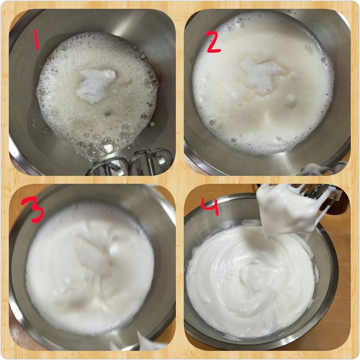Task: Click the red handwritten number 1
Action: tap(36, 39)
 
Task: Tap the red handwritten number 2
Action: tap(213, 42)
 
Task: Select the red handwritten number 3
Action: tap(33, 210)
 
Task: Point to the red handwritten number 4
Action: tap(210, 207)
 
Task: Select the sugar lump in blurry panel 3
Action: tap(92, 255)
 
